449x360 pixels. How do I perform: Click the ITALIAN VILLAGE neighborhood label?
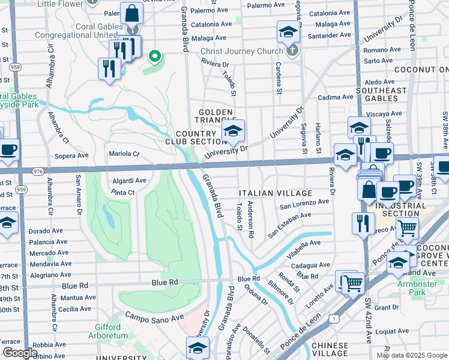click(276, 193)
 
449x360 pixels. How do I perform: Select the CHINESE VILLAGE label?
click(330, 350)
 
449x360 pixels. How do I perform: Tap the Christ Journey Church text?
click(241, 51)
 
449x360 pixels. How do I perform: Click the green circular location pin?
click(154, 56)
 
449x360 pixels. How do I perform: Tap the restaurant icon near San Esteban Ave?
click(363, 223)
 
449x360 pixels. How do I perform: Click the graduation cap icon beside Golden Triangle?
click(234, 131)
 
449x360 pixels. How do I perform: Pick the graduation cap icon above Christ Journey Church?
click(288, 31)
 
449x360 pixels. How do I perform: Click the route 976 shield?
click(37, 171)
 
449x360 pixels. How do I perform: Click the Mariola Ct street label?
click(124, 154)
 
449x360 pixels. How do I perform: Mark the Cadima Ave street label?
click(336, 97)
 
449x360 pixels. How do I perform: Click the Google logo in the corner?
click(20, 353)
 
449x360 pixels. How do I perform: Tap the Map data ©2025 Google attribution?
click(411, 355)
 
